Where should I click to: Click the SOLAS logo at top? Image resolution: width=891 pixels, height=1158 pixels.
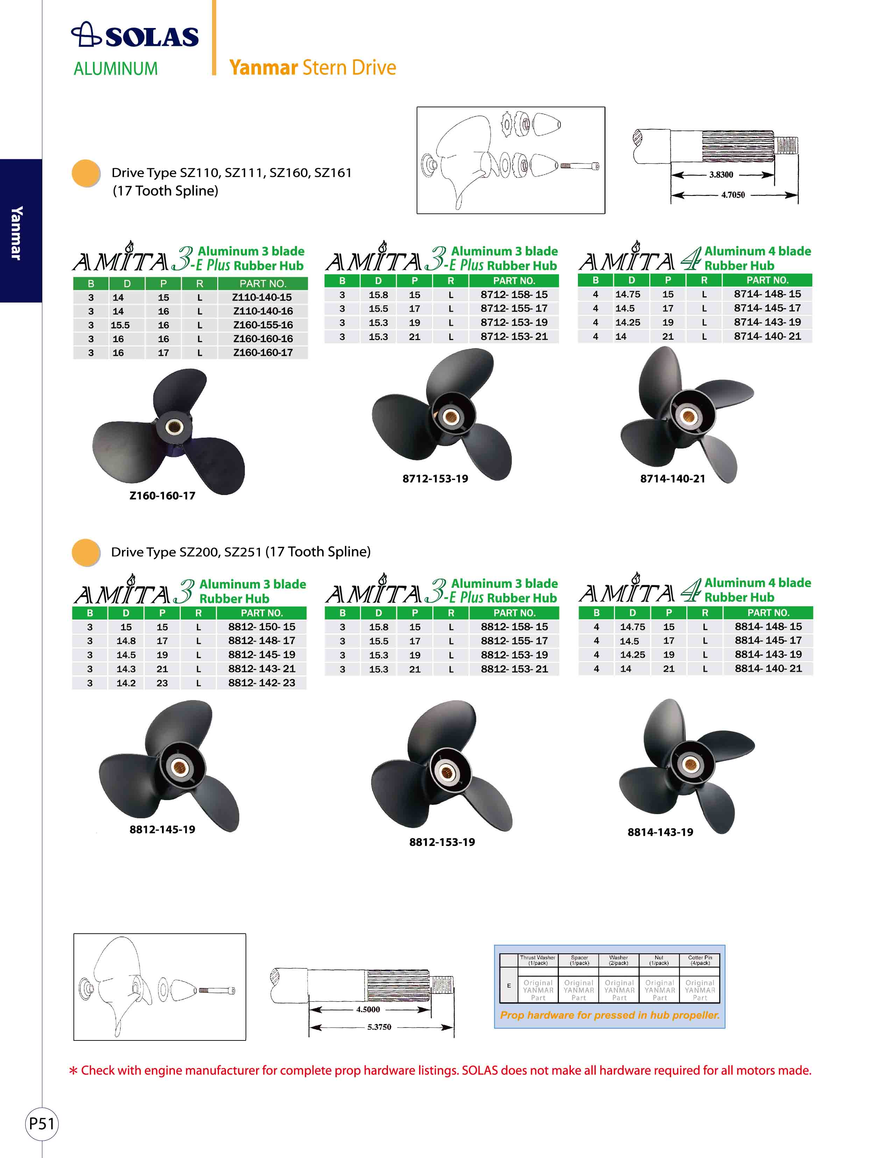(x=135, y=36)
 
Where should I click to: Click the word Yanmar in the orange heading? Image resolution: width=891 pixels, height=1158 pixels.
(x=263, y=68)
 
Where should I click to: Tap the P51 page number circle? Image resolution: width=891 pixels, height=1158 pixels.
(x=42, y=1123)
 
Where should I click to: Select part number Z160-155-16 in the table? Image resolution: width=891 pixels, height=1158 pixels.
(x=263, y=325)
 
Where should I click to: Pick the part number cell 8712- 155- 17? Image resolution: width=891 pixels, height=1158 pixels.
(x=514, y=308)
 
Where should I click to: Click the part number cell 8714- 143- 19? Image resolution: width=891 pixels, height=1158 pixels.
(x=768, y=322)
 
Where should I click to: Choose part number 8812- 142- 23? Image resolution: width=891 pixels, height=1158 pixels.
(x=262, y=683)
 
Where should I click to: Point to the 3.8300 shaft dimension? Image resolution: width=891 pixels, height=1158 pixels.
(x=721, y=175)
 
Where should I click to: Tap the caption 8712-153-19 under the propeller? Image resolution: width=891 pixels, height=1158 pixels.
(x=435, y=479)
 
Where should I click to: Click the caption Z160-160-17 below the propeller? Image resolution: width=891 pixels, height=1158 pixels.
(x=162, y=496)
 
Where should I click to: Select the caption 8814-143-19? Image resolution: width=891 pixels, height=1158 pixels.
(x=660, y=832)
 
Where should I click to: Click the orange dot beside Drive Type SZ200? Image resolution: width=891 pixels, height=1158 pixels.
(x=86, y=552)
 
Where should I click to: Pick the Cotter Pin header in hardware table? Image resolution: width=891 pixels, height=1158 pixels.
(x=700, y=960)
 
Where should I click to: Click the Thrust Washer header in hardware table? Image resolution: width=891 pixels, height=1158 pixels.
(x=537, y=960)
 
